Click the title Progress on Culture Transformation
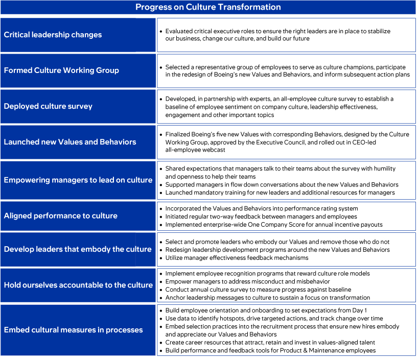pos(208,7)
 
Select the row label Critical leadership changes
pos(53,35)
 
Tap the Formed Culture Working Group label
pos(61,70)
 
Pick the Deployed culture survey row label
pos(48,106)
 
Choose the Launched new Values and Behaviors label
pos(70,142)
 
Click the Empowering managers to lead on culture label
pos(78,180)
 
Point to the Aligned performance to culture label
pos(60,215)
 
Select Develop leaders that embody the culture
pos(78,249)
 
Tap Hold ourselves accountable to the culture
pos(78,285)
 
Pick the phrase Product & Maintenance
pos(300,350)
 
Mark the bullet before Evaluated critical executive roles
pos(161,31)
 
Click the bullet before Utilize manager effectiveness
pos(161,258)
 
